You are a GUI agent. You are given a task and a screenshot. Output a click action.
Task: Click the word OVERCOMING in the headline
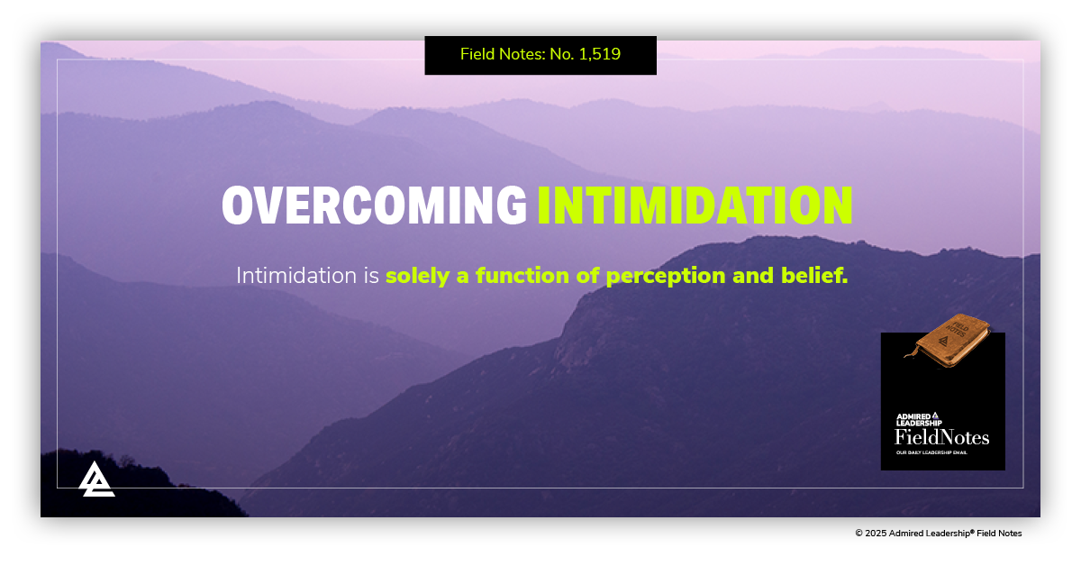click(374, 205)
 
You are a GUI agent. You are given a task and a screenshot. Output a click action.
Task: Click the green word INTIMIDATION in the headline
click(695, 205)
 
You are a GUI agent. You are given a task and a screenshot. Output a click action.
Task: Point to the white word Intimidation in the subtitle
click(295, 276)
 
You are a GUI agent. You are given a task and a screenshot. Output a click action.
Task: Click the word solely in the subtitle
click(418, 276)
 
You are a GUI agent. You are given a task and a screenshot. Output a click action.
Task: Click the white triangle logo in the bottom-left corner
click(96, 479)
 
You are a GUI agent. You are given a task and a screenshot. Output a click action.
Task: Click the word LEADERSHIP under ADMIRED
click(918, 423)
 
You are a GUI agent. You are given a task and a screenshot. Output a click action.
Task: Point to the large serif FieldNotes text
click(941, 438)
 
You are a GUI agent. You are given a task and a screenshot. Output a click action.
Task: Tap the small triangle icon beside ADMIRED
click(936, 415)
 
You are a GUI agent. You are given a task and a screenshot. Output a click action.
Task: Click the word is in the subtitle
click(371, 276)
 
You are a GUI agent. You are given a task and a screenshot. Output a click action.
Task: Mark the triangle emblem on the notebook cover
click(943, 343)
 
